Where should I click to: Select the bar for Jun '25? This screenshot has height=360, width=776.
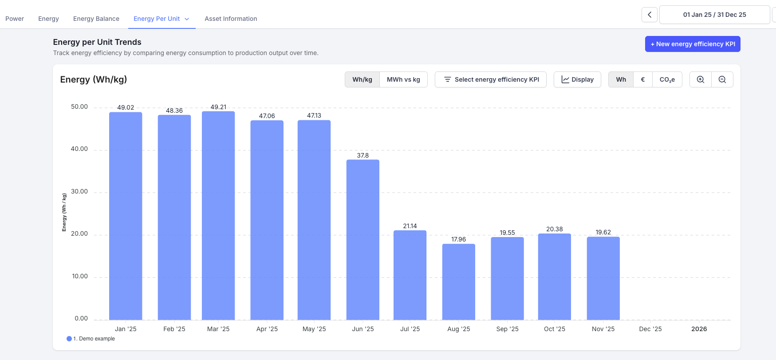[362, 240]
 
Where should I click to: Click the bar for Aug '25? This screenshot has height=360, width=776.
[458, 282]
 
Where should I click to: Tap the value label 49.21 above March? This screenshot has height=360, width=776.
[218, 107]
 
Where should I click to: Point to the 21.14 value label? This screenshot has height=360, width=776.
[410, 226]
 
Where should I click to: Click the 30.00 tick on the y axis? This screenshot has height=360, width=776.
[79, 191]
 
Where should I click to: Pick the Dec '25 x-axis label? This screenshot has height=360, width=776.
[650, 329]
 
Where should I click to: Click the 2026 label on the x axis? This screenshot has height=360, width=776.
[699, 329]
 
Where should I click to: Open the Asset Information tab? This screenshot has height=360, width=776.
[231, 19]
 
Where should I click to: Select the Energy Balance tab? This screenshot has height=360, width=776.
[96, 19]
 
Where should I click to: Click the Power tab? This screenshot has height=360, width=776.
[15, 19]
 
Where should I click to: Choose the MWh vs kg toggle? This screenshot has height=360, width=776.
[403, 79]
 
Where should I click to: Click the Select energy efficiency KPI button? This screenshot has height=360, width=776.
[491, 79]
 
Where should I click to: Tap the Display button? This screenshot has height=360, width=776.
[577, 79]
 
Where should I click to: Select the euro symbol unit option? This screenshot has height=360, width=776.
[642, 79]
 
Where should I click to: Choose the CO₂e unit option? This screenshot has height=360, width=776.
[667, 79]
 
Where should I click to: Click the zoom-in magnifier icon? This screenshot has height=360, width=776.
[701, 79]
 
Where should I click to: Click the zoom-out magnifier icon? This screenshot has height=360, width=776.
[722, 79]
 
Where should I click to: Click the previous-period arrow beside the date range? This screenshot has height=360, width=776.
[650, 15]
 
